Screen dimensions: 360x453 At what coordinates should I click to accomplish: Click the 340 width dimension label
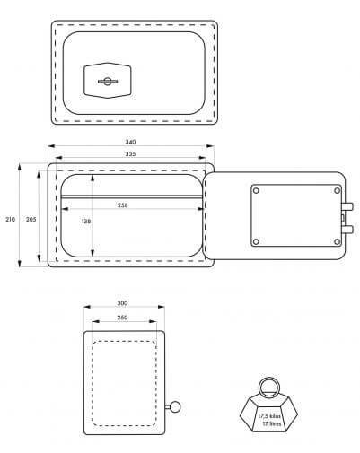coord(130,142)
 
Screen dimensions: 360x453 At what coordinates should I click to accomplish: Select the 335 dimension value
coord(130,154)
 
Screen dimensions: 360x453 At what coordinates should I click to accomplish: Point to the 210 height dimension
coord(10,219)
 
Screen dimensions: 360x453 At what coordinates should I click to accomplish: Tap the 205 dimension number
coord(31,219)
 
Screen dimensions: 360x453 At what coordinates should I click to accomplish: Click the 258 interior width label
coord(123,205)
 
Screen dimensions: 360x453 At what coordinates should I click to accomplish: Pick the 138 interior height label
coord(86,222)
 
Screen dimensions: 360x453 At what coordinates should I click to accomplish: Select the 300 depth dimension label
coord(122,303)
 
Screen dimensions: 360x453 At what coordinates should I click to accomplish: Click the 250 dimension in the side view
coord(122,318)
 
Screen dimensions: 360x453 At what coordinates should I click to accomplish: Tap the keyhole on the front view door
coord(108,81)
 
